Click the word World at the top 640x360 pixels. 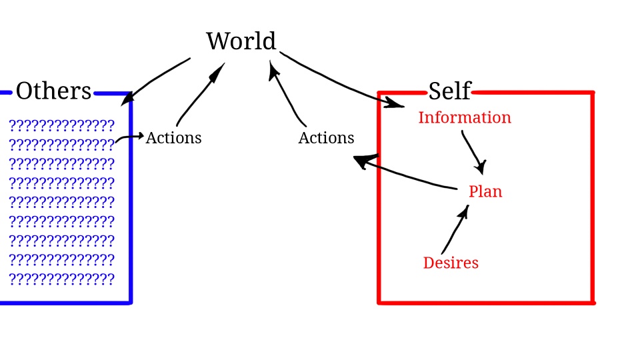tap(241, 41)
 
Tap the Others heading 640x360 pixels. tap(53, 91)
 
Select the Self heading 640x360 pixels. tap(449, 91)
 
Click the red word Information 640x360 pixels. tap(464, 118)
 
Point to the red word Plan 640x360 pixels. tap(485, 192)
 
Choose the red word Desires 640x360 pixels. tap(451, 263)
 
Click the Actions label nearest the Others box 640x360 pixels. tap(173, 138)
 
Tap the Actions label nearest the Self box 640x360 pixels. tap(326, 138)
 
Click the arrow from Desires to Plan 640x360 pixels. tap(455, 230)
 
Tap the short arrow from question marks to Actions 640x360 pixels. tap(129, 137)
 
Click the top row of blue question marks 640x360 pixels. tap(62, 125)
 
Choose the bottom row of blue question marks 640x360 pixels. tap(62, 279)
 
